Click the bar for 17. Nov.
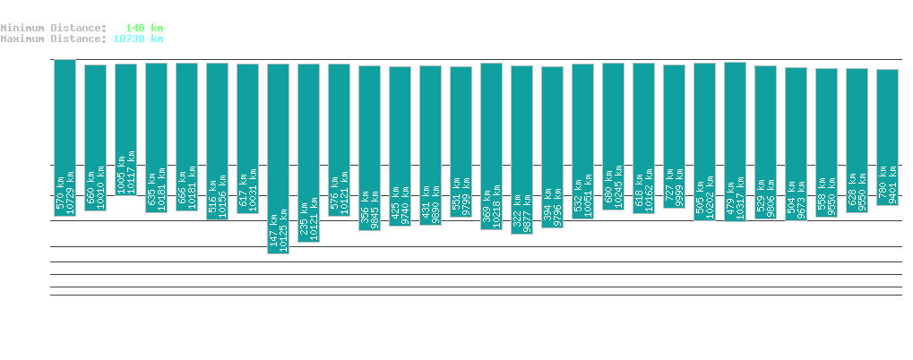[278, 159]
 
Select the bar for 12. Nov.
[125, 129]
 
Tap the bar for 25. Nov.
[521, 150]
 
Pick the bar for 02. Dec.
[735, 141]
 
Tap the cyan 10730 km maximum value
[139, 39]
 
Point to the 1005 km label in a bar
[120, 176]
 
